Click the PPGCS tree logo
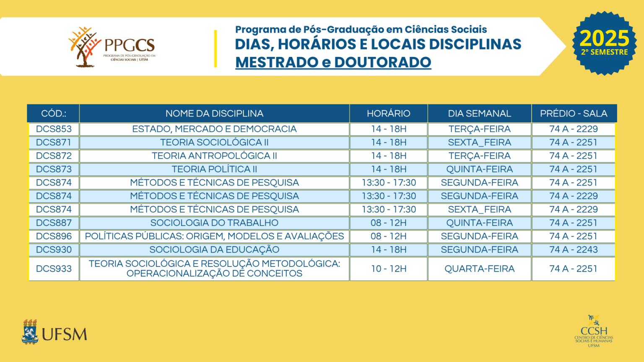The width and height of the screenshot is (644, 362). click(86, 47)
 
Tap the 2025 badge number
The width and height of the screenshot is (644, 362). click(604, 39)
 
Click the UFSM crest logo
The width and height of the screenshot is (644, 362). click(29, 332)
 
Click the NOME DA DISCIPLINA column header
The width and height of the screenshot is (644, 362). click(214, 114)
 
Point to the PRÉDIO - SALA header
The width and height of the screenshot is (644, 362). click(573, 114)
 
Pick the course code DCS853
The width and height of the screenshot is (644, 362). click(54, 129)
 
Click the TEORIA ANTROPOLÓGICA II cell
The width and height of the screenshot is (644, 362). click(214, 156)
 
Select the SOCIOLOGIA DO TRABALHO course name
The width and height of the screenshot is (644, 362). click(214, 223)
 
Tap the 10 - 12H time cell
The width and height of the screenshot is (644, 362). click(389, 269)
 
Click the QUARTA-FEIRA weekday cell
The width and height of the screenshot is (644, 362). click(479, 269)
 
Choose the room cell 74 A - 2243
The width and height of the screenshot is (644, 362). click(573, 250)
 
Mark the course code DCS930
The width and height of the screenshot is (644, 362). click(54, 250)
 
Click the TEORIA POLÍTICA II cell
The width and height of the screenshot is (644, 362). click(214, 169)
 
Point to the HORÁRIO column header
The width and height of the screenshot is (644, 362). click(389, 114)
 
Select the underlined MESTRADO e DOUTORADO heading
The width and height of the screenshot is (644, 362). click(333, 62)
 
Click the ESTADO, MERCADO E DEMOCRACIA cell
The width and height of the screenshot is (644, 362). click(214, 129)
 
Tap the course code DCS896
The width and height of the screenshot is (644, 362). click(54, 236)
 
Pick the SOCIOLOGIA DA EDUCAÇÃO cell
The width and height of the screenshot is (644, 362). click(214, 250)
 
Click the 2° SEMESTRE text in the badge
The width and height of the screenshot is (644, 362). click(604, 52)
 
